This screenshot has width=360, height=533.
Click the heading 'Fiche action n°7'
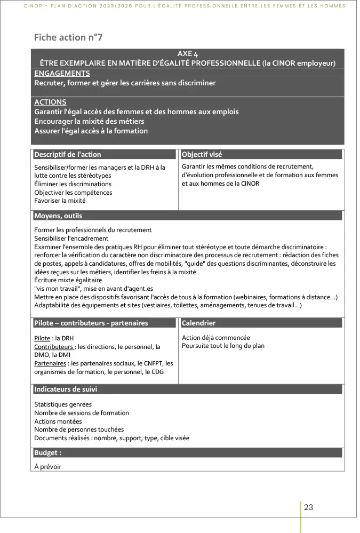[x=68, y=37]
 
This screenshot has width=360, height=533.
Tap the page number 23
[x=308, y=507]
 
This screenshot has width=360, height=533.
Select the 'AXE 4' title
[x=187, y=54]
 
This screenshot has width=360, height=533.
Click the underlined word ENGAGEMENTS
[x=62, y=73]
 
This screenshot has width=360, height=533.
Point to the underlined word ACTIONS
[x=50, y=102]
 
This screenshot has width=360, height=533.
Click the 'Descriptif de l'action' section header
[x=68, y=154]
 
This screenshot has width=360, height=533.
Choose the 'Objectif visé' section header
[x=202, y=154]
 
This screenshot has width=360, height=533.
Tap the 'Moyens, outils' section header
[x=58, y=216]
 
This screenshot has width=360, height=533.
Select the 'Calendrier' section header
[x=199, y=323]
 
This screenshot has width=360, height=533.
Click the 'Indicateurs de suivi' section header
[x=66, y=389]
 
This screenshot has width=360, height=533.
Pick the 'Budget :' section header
[x=48, y=452]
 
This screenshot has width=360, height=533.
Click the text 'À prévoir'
[x=48, y=467]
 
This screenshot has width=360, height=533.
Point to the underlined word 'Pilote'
[x=42, y=338]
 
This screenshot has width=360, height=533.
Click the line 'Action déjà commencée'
[x=215, y=338]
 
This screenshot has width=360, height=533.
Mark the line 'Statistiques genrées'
[x=63, y=404]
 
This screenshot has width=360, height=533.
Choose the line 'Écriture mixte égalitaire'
[x=68, y=280]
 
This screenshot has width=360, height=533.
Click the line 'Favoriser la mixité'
[x=60, y=201]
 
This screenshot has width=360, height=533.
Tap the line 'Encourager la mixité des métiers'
[x=89, y=121]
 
